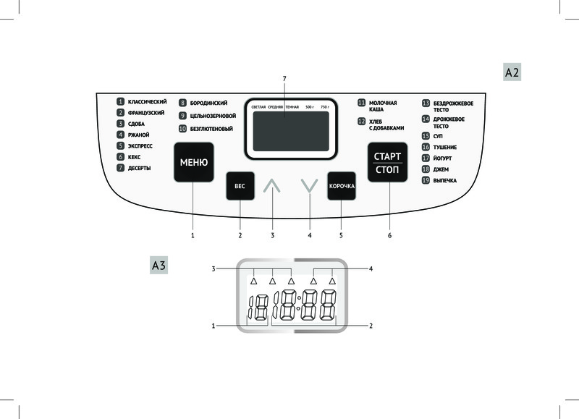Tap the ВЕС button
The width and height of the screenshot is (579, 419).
pyautogui.click(x=240, y=186)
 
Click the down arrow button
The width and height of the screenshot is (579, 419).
pyautogui.click(x=309, y=186)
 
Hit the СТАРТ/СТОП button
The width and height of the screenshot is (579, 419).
pyautogui.click(x=387, y=163)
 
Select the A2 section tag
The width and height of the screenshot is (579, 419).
pyautogui.click(x=512, y=72)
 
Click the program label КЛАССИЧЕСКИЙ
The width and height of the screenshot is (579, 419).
pyautogui.click(x=147, y=102)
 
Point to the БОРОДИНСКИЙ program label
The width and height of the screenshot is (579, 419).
pyautogui.click(x=208, y=103)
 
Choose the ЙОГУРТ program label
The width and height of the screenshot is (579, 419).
pyautogui.click(x=444, y=157)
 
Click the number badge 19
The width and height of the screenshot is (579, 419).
pyautogui.click(x=426, y=179)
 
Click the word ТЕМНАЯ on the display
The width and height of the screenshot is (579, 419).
pyautogui.click(x=292, y=107)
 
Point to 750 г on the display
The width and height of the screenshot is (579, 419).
pyautogui.click(x=324, y=107)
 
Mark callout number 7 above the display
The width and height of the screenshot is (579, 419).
pyautogui.click(x=284, y=77)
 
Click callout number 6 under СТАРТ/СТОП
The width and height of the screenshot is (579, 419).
pyautogui.click(x=389, y=235)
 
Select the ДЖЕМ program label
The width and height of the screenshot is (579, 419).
pyautogui.click(x=441, y=168)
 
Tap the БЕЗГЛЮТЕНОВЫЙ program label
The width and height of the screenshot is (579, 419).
pyautogui.click(x=211, y=128)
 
